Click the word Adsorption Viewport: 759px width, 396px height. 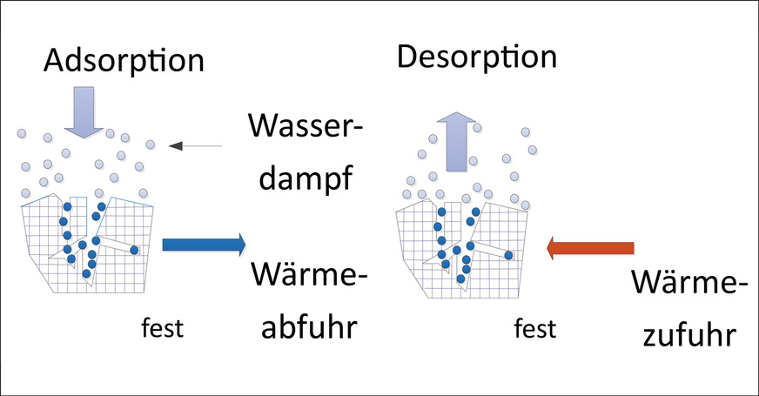123,60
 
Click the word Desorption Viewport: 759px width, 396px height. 476,57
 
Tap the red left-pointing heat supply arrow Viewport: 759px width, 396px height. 588,249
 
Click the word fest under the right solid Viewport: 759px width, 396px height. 534,330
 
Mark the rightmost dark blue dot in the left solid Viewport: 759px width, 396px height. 134,251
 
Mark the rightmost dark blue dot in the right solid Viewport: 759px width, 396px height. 509,254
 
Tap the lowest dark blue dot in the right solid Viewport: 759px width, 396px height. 460,279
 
